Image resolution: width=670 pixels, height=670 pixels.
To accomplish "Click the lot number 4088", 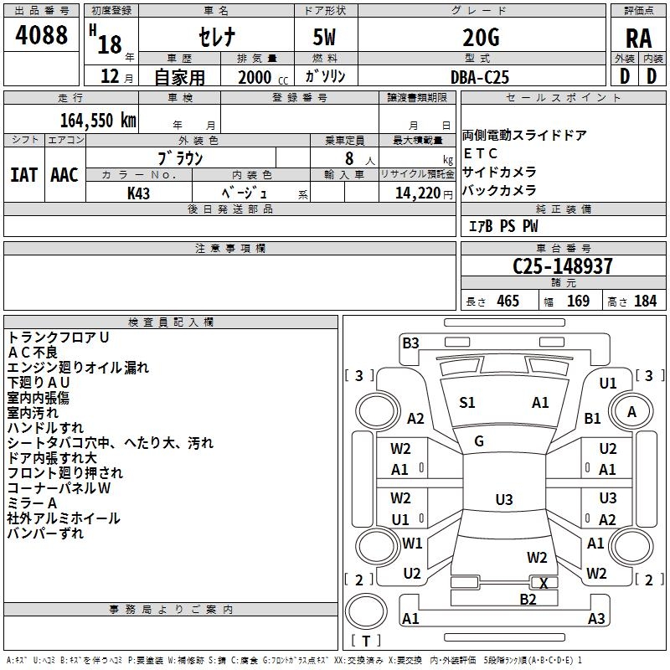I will (x=42, y=36).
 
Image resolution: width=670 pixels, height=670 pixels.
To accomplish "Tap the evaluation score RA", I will (x=638, y=39).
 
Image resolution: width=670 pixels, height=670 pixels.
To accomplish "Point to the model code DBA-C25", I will (x=480, y=77).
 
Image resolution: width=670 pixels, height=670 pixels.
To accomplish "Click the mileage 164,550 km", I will (x=98, y=120).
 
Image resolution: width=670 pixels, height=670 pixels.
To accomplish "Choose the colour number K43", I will (x=138, y=193).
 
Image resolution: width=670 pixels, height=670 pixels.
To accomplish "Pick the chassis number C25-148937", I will (x=563, y=266).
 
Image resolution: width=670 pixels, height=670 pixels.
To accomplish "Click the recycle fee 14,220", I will (x=414, y=193).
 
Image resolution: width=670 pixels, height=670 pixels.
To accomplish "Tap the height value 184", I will (x=645, y=301).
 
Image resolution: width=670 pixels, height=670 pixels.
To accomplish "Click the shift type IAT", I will (x=23, y=175).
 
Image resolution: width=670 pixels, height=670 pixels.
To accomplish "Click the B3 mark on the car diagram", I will (x=410, y=342).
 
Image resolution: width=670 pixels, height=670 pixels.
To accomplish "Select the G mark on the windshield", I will (x=479, y=441).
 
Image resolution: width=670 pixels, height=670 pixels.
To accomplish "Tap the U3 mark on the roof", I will (x=503, y=500).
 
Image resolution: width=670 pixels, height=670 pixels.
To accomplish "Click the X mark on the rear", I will (x=544, y=583).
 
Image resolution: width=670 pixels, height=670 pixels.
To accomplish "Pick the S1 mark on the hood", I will (x=467, y=403).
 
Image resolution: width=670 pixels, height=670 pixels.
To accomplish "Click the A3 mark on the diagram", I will (x=595, y=619).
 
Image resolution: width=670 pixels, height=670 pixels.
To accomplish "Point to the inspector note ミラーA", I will (x=32, y=502).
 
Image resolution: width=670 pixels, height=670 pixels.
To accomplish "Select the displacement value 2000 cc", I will (x=260, y=77).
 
